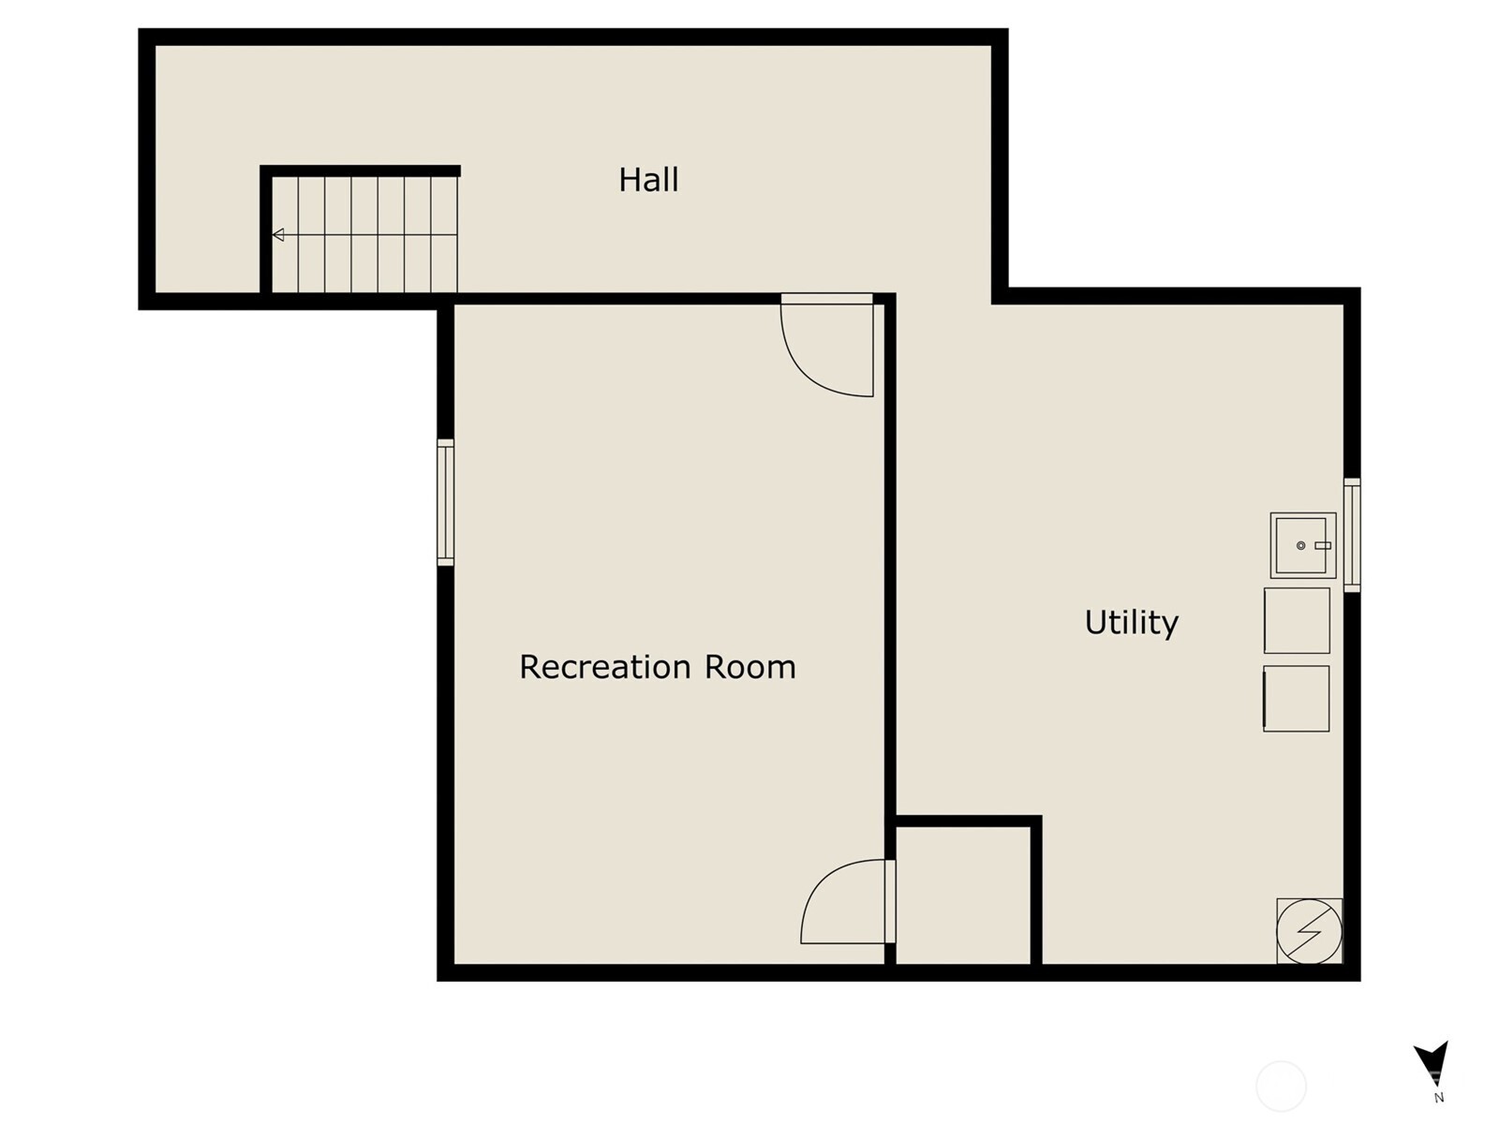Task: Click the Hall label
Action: pos(648,180)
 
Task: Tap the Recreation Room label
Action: pos(658,667)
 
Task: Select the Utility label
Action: pos(1131,623)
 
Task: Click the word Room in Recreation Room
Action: pos(749,667)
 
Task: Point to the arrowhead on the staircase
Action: pos(278,235)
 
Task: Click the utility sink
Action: pos(1303,545)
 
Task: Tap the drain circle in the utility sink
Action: pos(1301,546)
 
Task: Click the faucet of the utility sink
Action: pos(1323,546)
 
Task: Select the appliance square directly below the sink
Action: pos(1297,620)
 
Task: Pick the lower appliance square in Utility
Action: pos(1297,699)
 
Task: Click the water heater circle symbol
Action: pos(1309,932)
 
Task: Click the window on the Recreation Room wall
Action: pos(445,502)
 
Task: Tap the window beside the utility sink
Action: pos(1352,535)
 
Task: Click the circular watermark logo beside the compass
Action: pos(1281,1087)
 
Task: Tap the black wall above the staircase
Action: pos(360,170)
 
